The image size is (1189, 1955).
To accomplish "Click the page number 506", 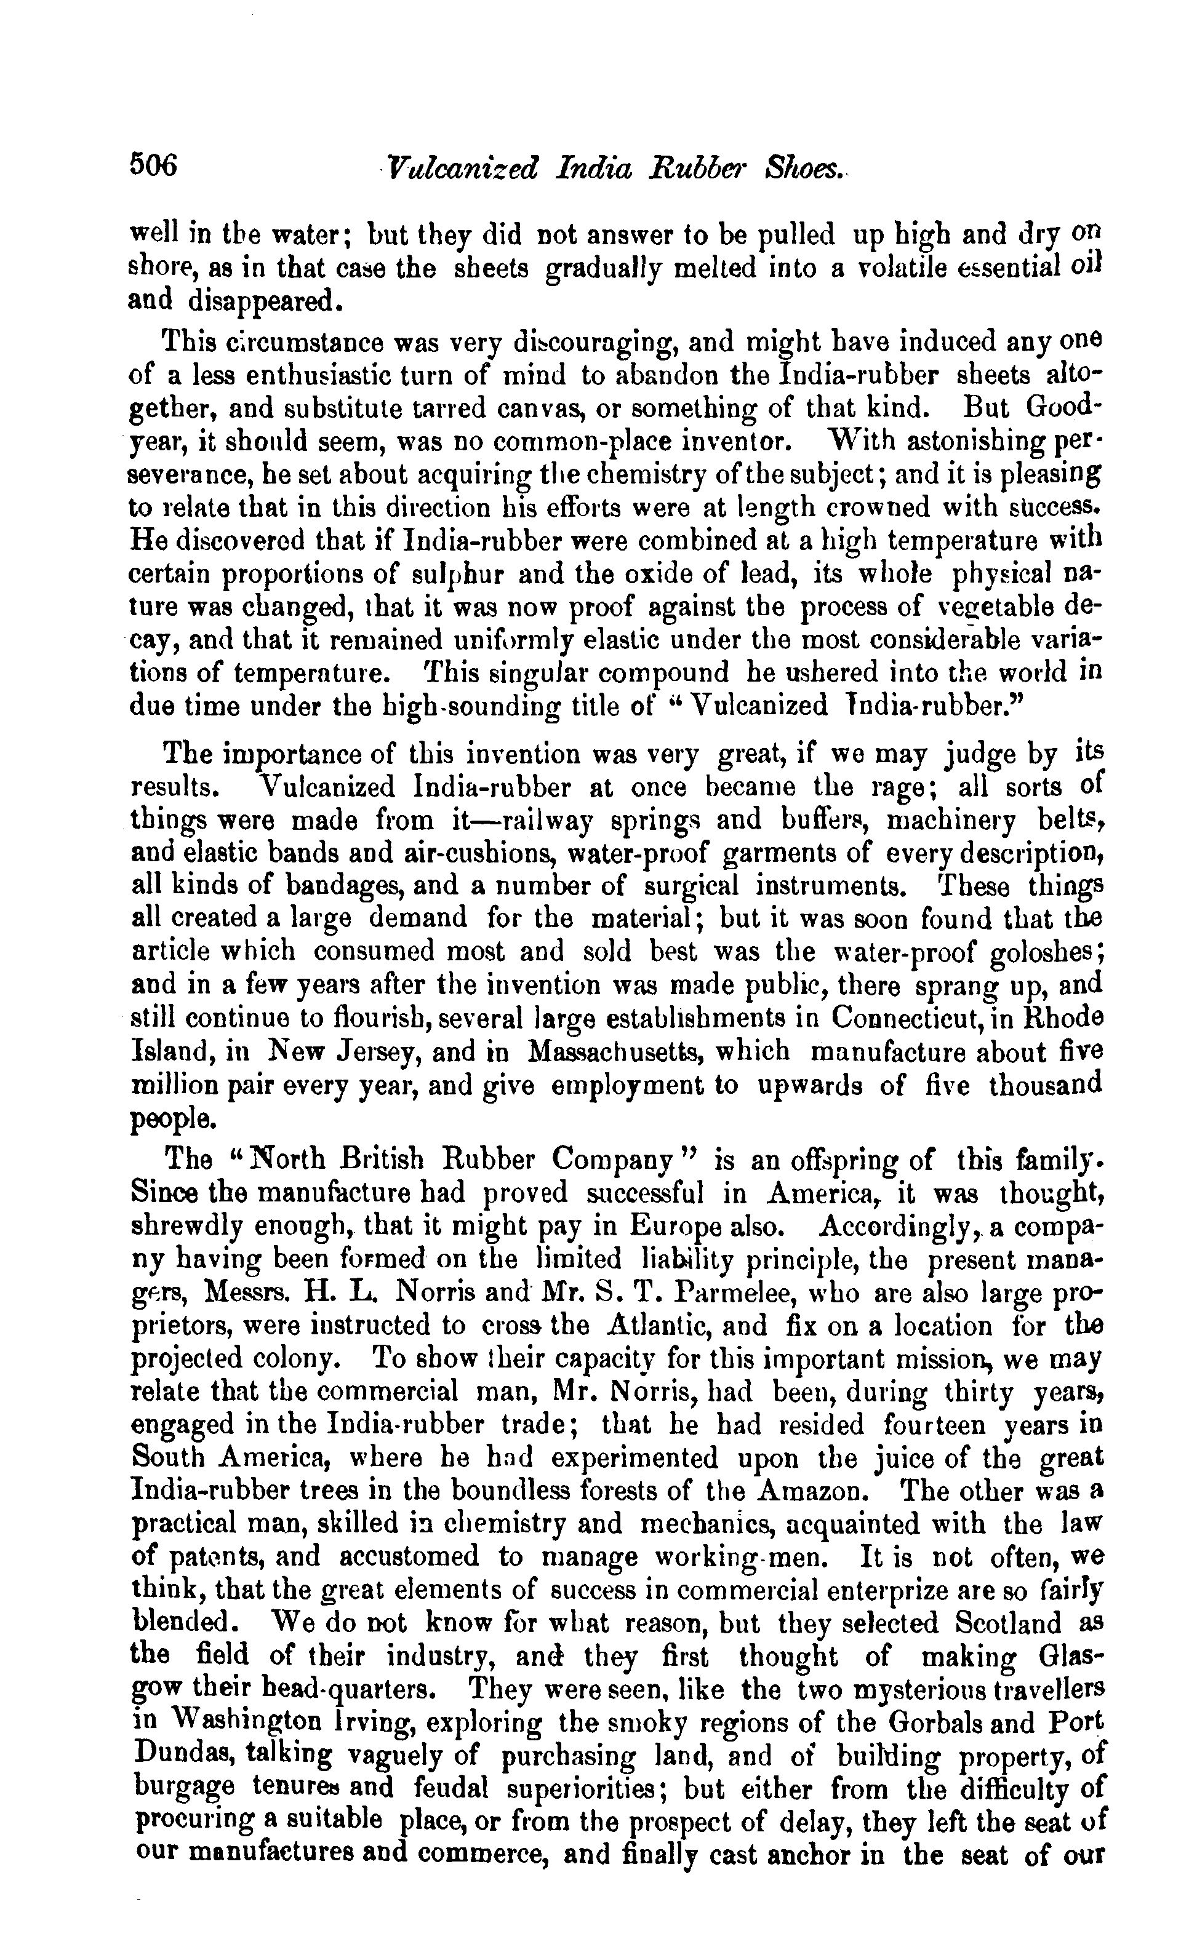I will pos(154,167).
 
